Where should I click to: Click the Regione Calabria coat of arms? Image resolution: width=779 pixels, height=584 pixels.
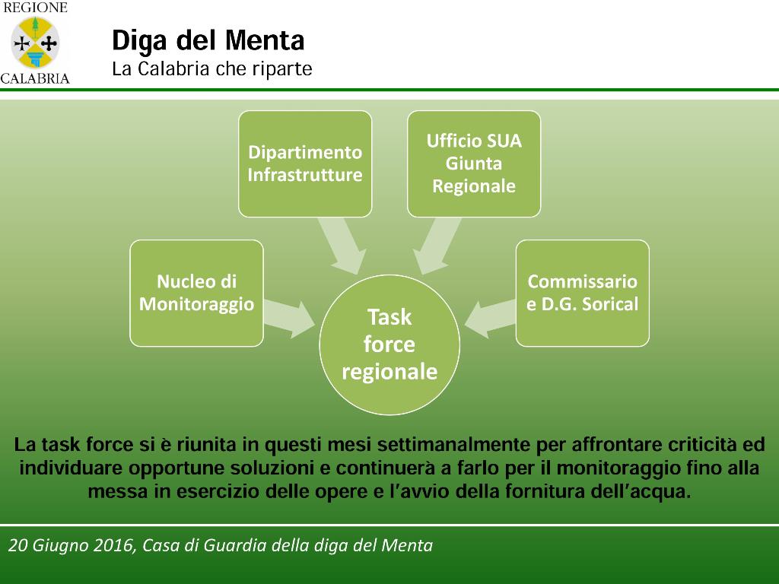[x=35, y=43]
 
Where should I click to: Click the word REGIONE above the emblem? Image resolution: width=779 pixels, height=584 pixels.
[x=35, y=8]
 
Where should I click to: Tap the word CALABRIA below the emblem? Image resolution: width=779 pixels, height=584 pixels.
[x=35, y=78]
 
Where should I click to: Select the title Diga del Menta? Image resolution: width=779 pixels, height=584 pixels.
[x=208, y=41]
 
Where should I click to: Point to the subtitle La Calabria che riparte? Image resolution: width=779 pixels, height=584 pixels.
[x=212, y=68]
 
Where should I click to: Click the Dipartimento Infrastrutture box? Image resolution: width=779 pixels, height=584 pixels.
[x=305, y=164]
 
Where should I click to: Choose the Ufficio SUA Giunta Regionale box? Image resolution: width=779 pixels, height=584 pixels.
[x=474, y=164]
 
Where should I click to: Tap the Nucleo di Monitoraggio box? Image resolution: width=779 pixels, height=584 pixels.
[x=197, y=293]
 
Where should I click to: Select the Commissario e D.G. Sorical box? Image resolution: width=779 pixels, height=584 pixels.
[x=583, y=293]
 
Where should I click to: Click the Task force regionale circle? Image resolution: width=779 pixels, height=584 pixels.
[x=389, y=344]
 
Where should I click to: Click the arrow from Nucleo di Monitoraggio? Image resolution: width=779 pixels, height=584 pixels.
[x=289, y=319]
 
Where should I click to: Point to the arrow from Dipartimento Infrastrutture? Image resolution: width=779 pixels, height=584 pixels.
[x=343, y=246]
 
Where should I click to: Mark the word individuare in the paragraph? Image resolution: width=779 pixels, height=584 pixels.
[x=71, y=468]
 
